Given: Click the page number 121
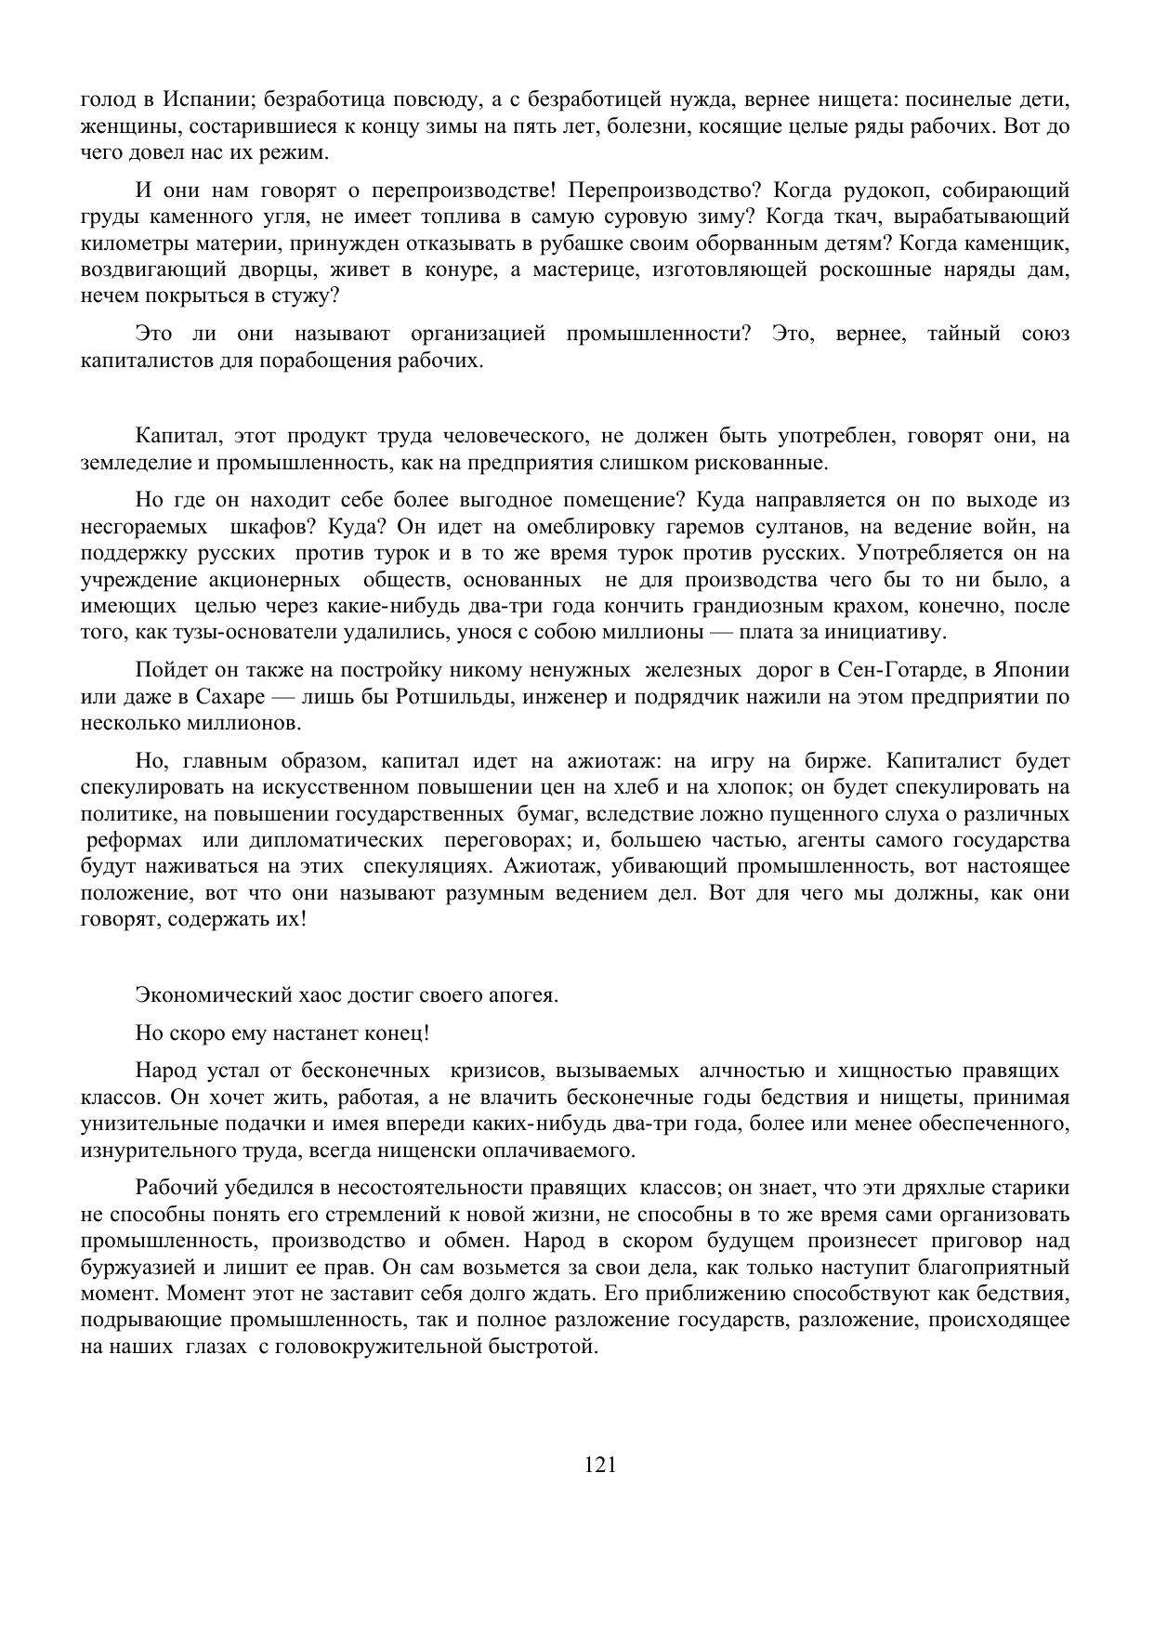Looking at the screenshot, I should tap(600, 1466).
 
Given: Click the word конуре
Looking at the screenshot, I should tap(439, 270).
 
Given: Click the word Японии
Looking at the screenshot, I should tap(1031, 670).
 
